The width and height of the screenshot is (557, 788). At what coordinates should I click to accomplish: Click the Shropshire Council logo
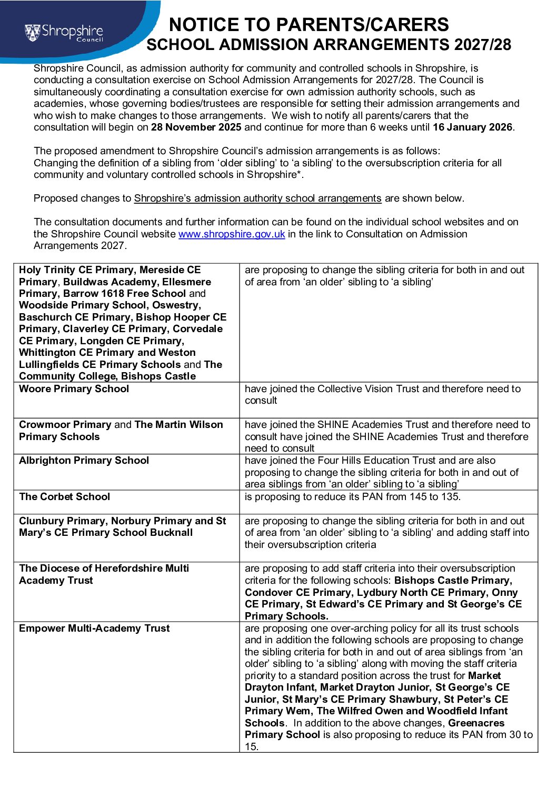tap(64, 33)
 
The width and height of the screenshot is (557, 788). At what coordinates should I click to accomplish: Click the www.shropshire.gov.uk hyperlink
tap(232, 234)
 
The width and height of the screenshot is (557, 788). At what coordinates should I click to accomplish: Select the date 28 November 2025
tap(196, 127)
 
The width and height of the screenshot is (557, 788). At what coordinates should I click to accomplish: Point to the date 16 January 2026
tap(472, 127)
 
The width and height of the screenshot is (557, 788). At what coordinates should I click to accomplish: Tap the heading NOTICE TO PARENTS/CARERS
tap(309, 25)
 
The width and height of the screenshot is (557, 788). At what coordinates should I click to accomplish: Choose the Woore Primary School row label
tap(74, 389)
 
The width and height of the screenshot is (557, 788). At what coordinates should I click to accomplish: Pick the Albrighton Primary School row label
tap(84, 461)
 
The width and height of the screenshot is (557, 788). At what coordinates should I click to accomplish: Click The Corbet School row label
tap(64, 497)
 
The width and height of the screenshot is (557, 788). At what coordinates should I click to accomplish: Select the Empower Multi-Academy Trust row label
tap(94, 629)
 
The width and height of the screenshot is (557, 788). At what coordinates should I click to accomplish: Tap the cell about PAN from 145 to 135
tap(352, 497)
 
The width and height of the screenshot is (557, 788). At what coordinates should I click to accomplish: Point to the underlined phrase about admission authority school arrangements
tap(257, 198)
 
